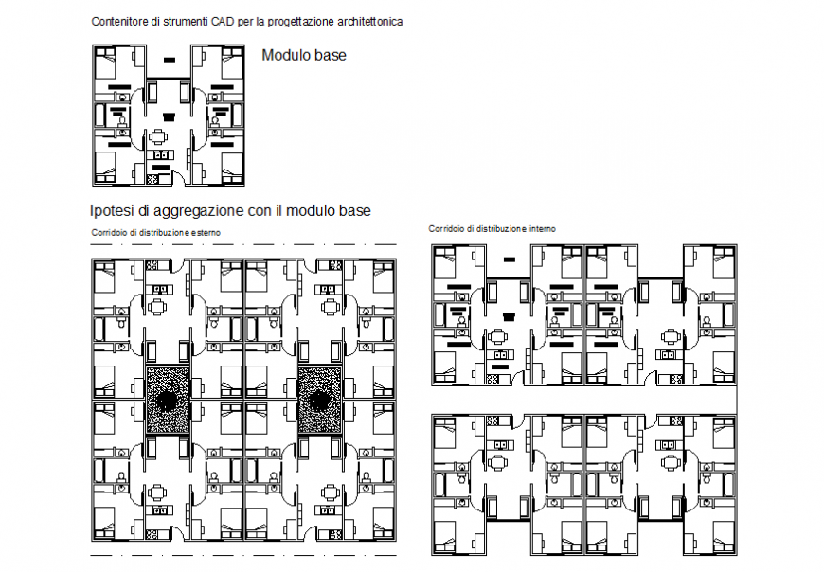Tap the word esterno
pos(206,233)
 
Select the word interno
pos(543,229)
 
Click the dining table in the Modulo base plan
pos(157,137)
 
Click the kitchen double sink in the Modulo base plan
pos(161,155)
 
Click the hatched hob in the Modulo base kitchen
pos(153,180)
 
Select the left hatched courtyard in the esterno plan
pos(168,401)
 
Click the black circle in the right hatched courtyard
pos(319,402)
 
